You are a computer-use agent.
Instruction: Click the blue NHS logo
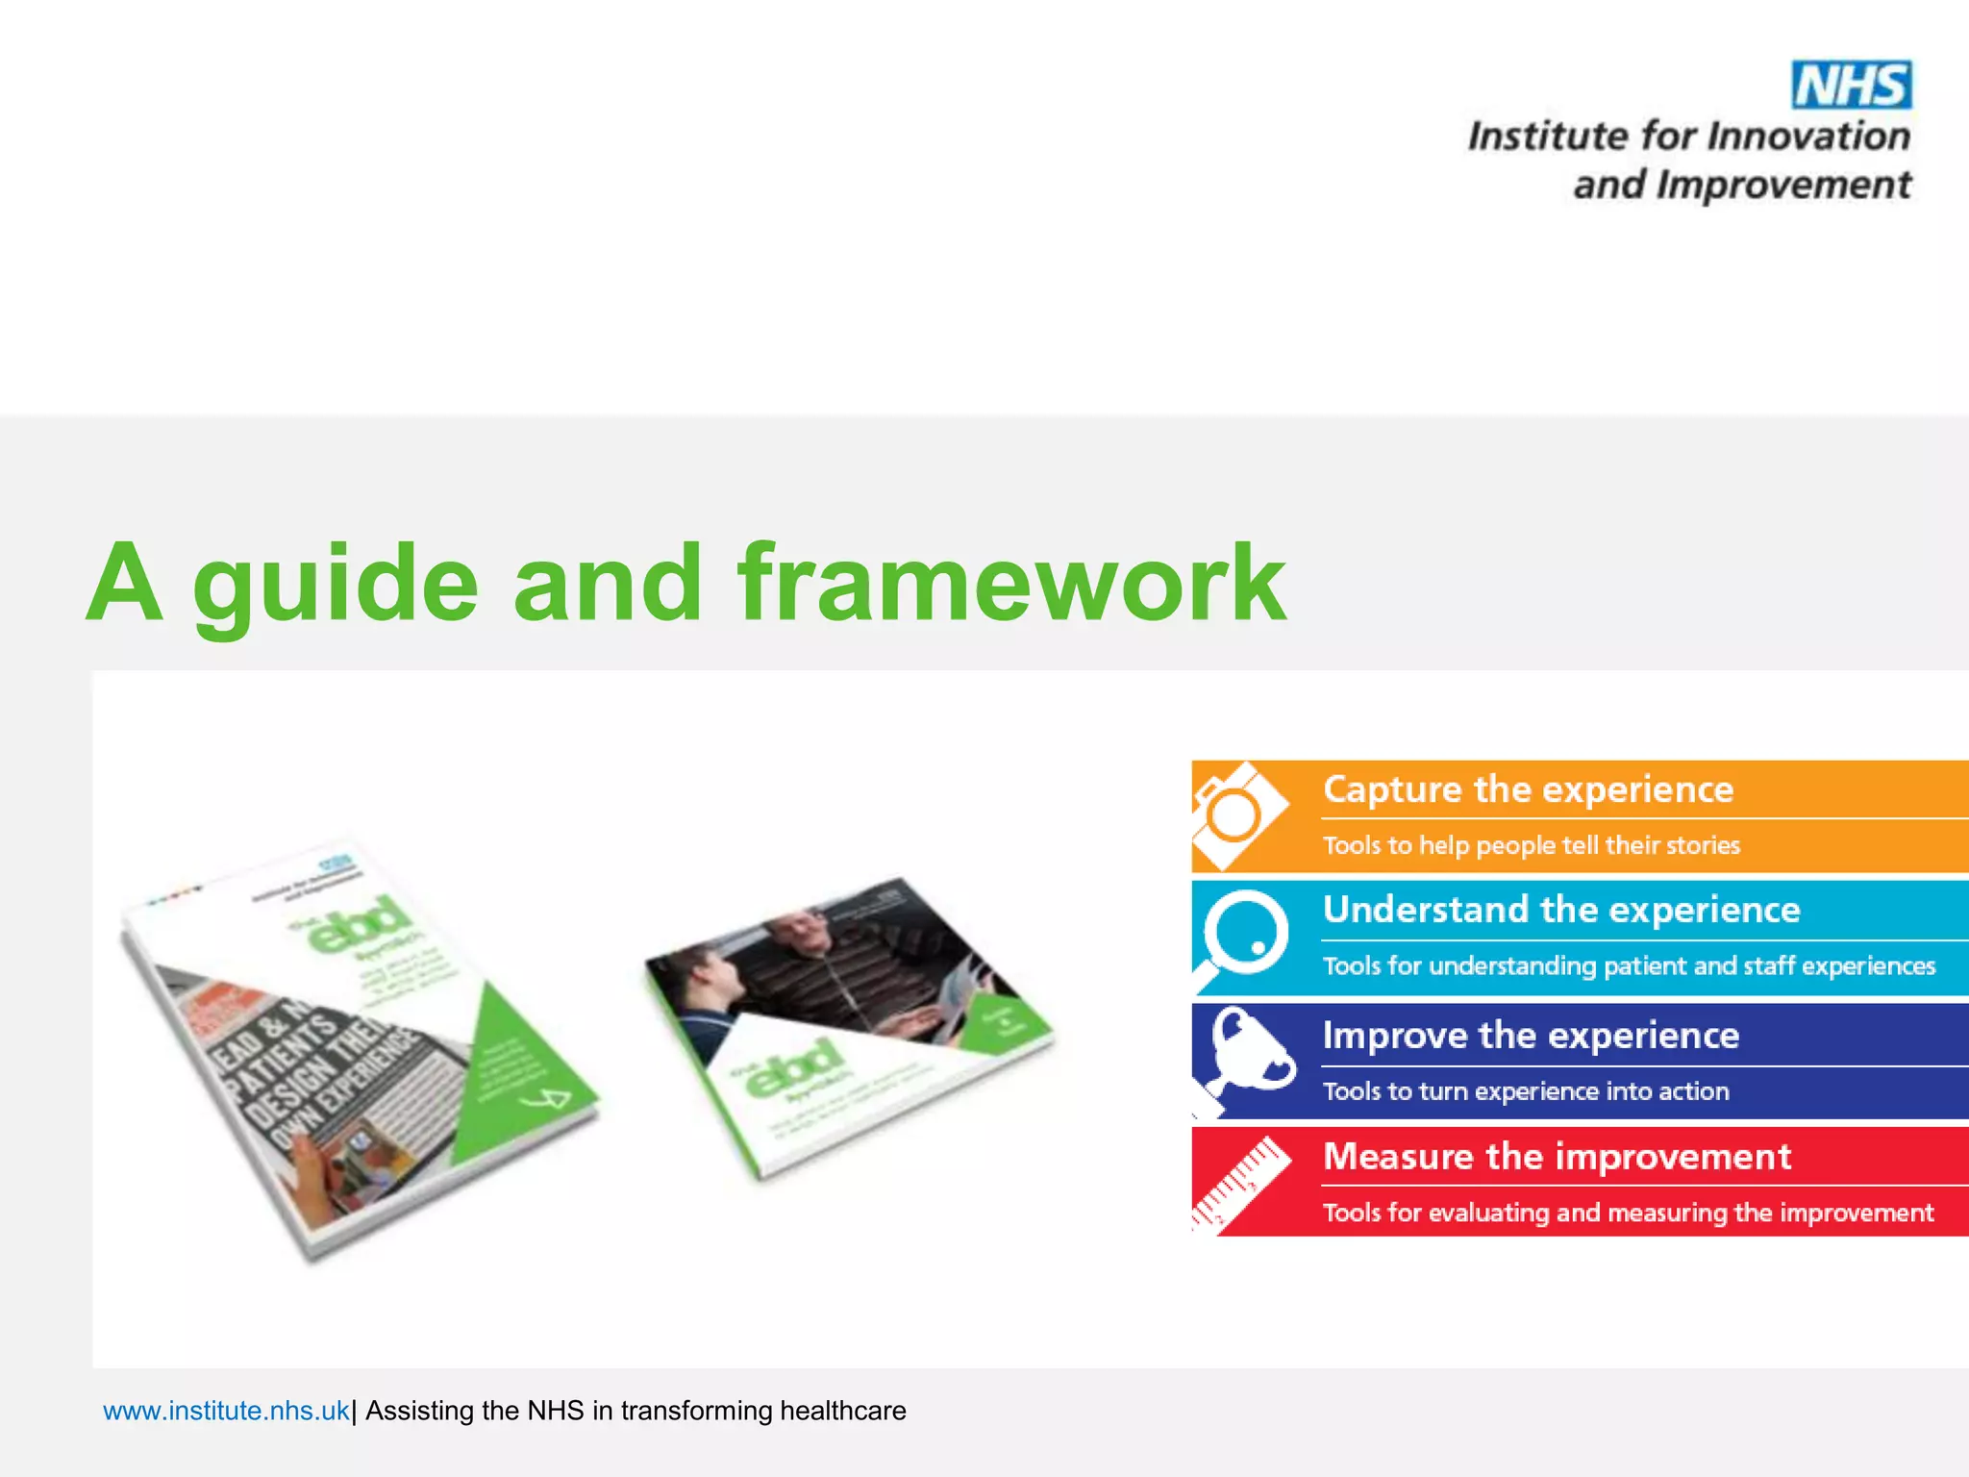[1851, 85]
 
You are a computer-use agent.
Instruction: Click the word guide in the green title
[336, 585]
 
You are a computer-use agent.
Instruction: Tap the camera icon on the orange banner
[1236, 815]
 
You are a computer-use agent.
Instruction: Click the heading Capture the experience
[1528, 789]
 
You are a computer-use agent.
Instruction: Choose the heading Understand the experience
[1561, 910]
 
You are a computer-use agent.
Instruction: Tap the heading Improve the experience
[1531, 1036]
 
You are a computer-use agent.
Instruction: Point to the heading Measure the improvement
[1557, 1156]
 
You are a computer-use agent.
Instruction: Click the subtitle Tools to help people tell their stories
[1531, 845]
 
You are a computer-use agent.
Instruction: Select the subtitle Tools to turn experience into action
[1526, 1091]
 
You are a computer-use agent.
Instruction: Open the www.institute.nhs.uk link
[226, 1411]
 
